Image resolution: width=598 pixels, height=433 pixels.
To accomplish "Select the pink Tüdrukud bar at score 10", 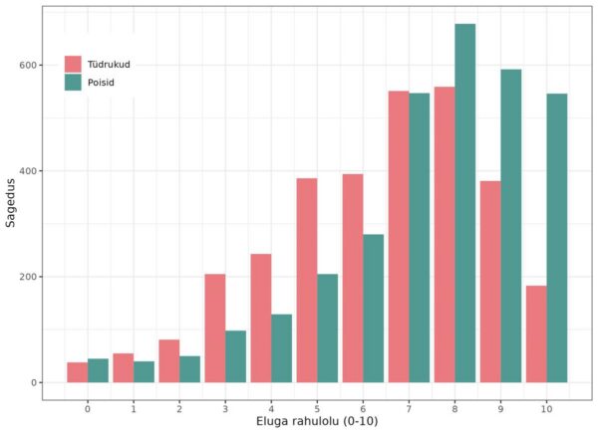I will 535,334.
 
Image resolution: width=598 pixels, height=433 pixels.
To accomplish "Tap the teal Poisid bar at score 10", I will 556,238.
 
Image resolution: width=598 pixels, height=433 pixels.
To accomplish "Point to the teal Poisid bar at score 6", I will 373,309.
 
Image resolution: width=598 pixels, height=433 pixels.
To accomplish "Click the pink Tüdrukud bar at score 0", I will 77,372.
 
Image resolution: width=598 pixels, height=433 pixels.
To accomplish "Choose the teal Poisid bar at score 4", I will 281,348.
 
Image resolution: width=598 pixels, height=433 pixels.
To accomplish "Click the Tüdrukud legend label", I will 109,65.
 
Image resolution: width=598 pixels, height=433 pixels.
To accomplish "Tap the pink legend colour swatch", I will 73,65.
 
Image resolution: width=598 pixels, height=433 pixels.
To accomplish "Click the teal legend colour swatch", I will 73,83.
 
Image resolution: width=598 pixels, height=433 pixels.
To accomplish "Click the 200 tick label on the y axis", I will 30,277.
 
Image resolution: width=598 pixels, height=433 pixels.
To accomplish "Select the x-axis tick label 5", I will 317,409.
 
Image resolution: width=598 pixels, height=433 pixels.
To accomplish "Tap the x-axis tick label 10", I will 546,409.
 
